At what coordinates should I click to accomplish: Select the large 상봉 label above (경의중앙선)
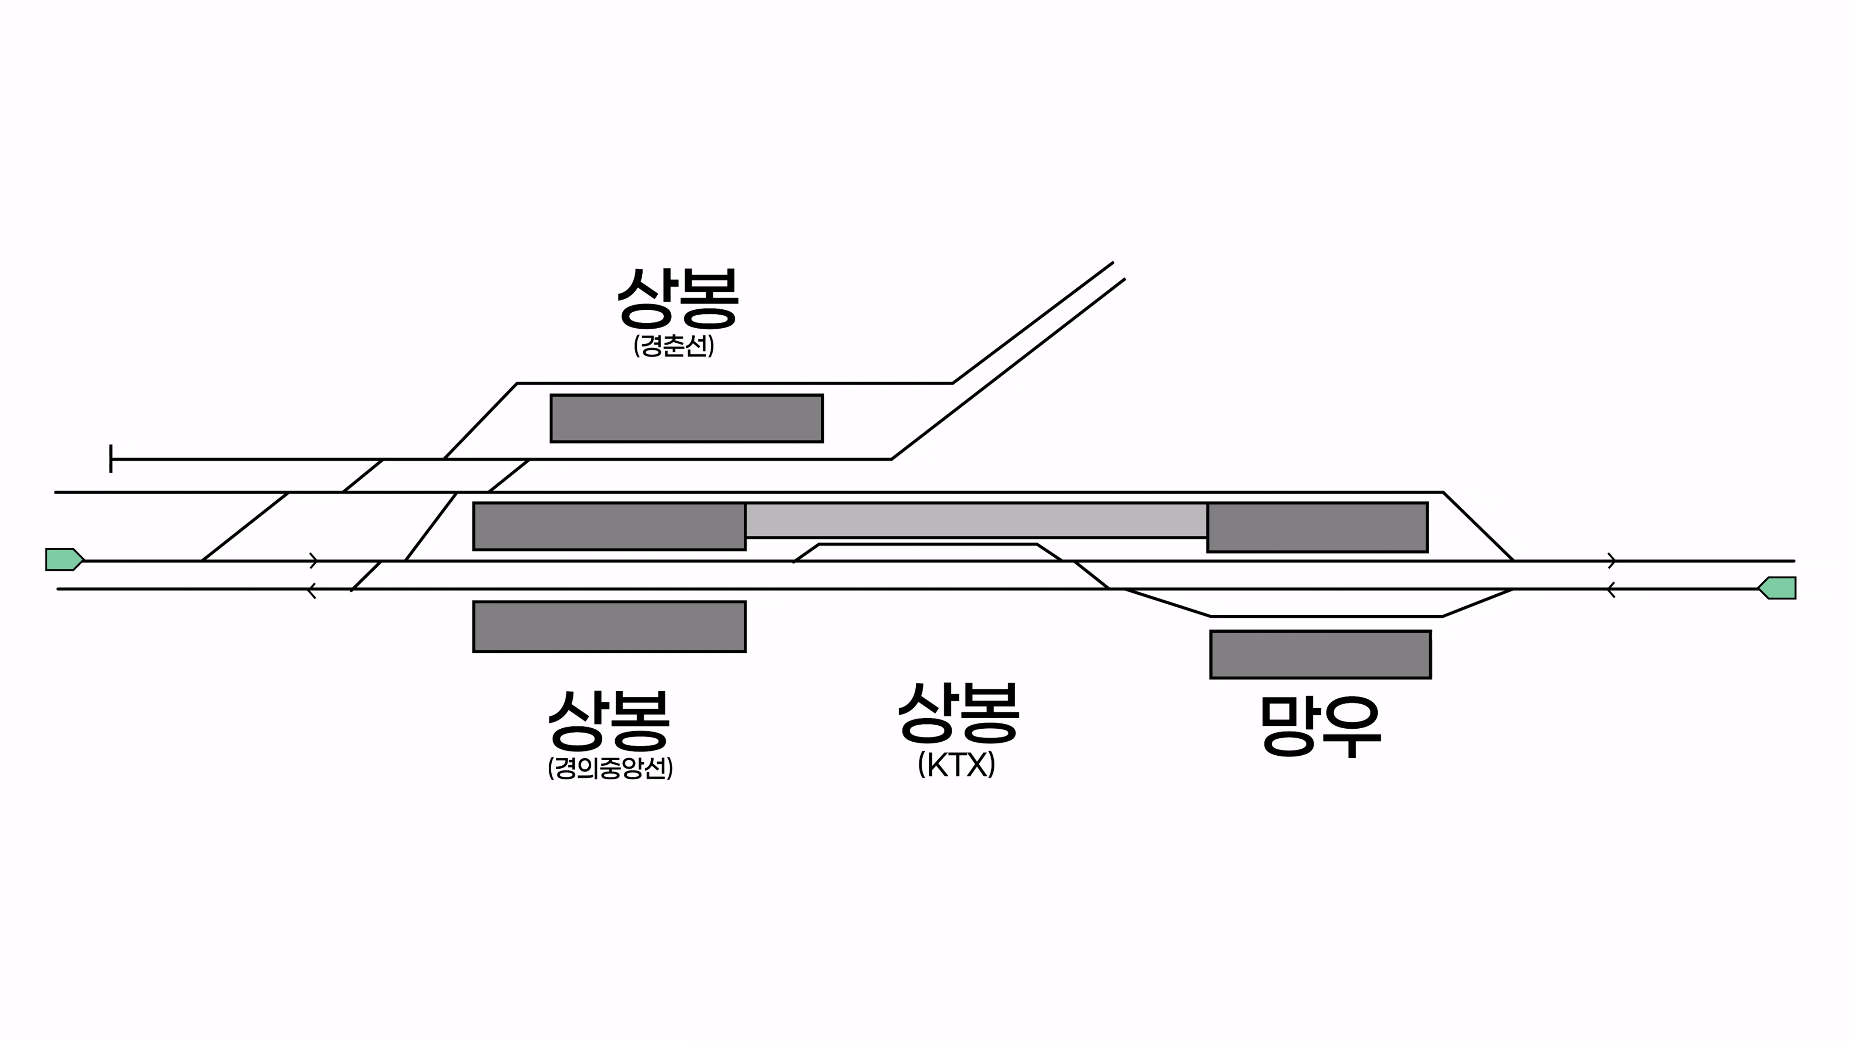click(x=609, y=720)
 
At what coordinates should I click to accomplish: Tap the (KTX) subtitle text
click(x=956, y=765)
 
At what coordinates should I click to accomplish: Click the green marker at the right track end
click(x=1777, y=588)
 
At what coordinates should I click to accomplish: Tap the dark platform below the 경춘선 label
click(x=687, y=418)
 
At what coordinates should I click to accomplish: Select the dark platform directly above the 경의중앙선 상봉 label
click(x=609, y=627)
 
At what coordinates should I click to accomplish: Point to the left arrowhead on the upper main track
click(x=314, y=560)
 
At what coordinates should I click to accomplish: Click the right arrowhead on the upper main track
click(x=1612, y=560)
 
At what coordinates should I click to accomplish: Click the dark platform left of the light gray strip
click(x=609, y=527)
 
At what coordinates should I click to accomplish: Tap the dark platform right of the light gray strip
click(x=1317, y=527)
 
